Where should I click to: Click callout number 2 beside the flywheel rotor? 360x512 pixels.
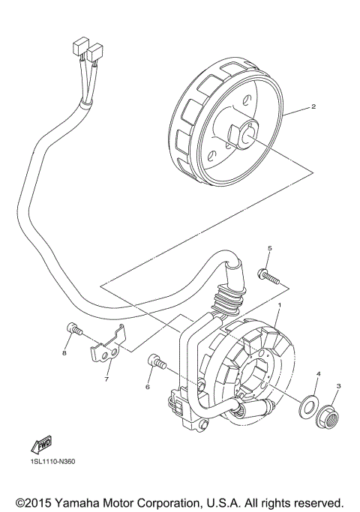point(313,107)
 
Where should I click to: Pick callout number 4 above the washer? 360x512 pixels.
point(318,373)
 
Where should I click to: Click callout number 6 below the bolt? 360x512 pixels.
point(148,387)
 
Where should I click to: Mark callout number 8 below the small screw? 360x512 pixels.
point(65,353)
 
